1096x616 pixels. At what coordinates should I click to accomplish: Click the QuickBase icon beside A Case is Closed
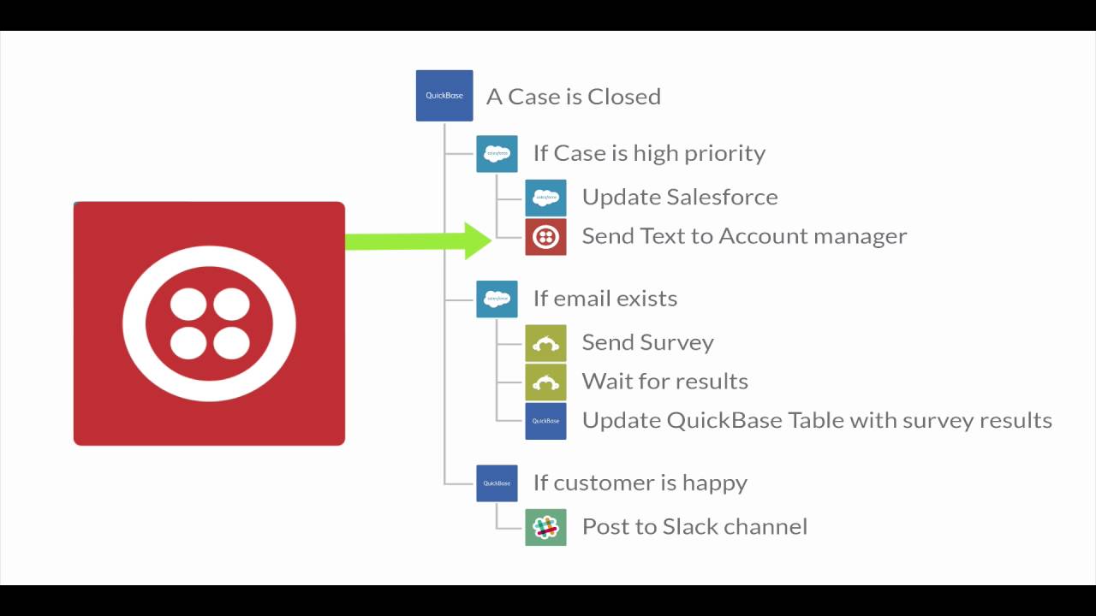coord(444,95)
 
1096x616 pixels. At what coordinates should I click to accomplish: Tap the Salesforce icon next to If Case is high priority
coord(497,154)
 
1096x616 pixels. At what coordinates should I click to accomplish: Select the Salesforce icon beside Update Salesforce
coord(545,198)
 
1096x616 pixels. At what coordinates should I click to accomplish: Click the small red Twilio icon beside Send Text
coord(545,237)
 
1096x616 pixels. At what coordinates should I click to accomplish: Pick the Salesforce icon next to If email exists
coord(497,299)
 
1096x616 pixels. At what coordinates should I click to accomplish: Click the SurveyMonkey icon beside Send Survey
coord(545,343)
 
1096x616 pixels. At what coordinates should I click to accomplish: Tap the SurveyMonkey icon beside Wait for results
coord(545,382)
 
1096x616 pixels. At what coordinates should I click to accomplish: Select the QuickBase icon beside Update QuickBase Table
coord(545,421)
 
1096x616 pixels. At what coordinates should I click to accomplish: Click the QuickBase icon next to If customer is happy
coord(497,483)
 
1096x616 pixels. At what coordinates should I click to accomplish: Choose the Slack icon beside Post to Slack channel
coord(545,527)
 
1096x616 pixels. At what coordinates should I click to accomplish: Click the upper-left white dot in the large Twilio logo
coord(188,304)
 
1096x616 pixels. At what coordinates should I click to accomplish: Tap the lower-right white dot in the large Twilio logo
coord(231,343)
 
